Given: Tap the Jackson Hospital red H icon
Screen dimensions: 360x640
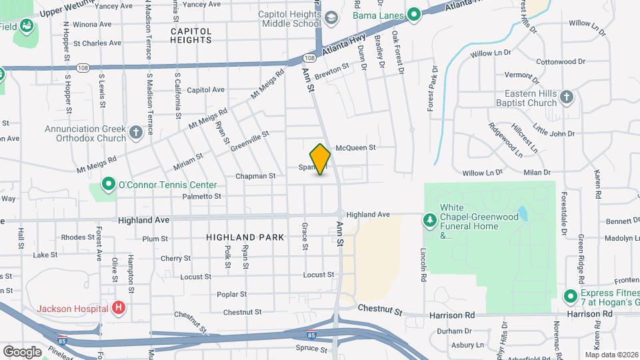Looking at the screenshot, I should click(x=119, y=308).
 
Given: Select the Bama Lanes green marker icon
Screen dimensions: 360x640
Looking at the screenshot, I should click(x=413, y=13).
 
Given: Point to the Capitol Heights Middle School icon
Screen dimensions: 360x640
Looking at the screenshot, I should click(x=331, y=18).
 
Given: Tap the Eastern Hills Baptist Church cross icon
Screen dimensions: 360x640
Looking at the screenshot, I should click(x=567, y=97).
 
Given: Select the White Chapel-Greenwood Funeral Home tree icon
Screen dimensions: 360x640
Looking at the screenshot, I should click(x=430, y=219).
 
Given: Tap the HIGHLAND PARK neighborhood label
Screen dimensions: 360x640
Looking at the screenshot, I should click(x=245, y=237).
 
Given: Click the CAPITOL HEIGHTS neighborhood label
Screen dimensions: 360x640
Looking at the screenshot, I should click(x=191, y=35).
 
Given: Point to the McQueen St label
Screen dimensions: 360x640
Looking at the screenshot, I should click(x=356, y=147).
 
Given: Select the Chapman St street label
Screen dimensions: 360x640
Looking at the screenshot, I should click(x=255, y=176).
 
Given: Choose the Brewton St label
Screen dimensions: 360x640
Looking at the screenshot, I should click(x=332, y=69).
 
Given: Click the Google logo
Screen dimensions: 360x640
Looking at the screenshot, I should click(x=22, y=351).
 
